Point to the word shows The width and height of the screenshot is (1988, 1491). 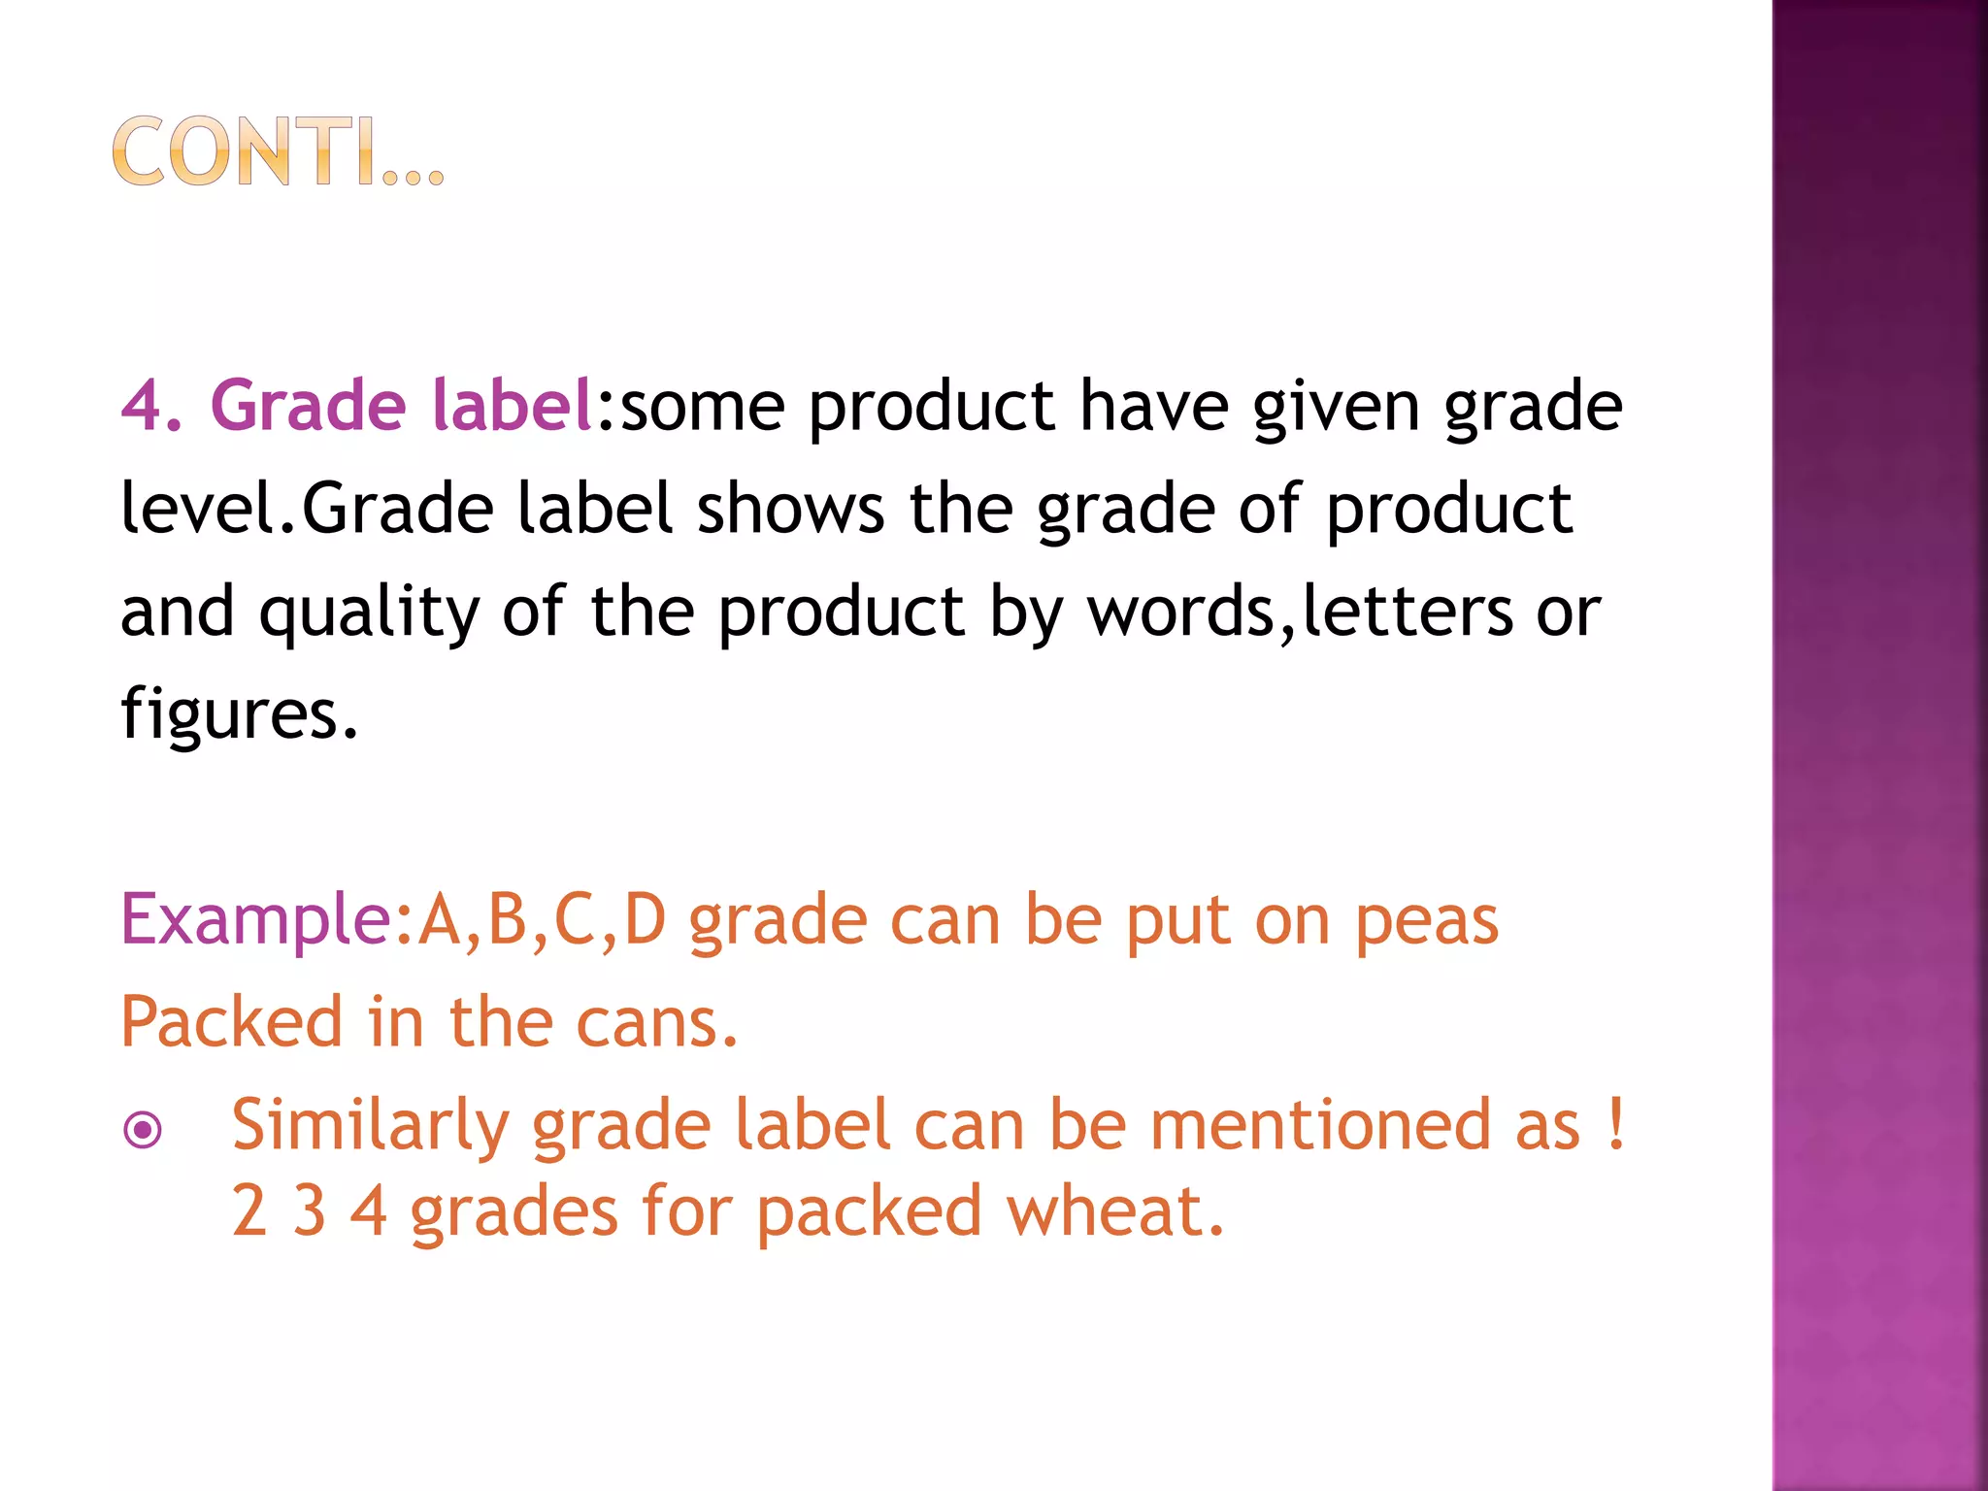click(x=790, y=509)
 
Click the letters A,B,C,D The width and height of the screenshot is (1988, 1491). click(x=543, y=920)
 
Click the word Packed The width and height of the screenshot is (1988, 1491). click(x=232, y=1022)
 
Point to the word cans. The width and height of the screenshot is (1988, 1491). click(x=656, y=1023)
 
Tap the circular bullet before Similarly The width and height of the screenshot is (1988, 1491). click(x=144, y=1129)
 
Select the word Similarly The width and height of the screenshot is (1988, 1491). click(x=370, y=1126)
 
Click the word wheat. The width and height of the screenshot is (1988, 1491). click(x=1114, y=1211)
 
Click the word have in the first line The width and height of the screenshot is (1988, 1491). click(x=1154, y=406)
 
